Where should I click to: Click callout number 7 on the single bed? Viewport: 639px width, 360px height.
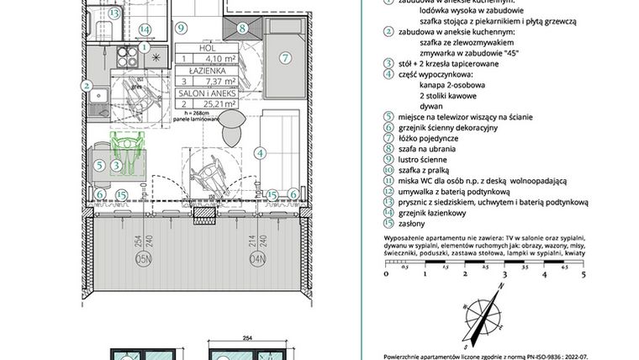tap(285, 59)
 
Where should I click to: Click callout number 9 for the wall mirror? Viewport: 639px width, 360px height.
tap(181, 28)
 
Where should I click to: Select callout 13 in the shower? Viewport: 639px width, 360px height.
tap(113, 13)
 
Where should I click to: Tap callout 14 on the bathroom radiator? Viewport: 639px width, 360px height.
tap(145, 29)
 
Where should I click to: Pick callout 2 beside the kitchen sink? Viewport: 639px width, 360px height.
tap(87, 84)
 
